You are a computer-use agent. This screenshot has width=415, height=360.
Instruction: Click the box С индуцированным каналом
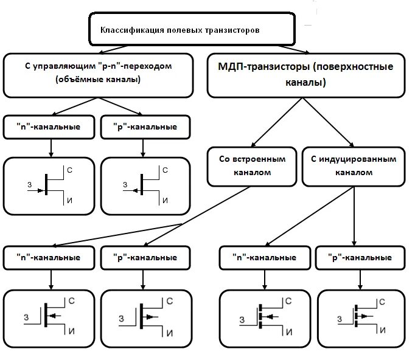click(x=353, y=165)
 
